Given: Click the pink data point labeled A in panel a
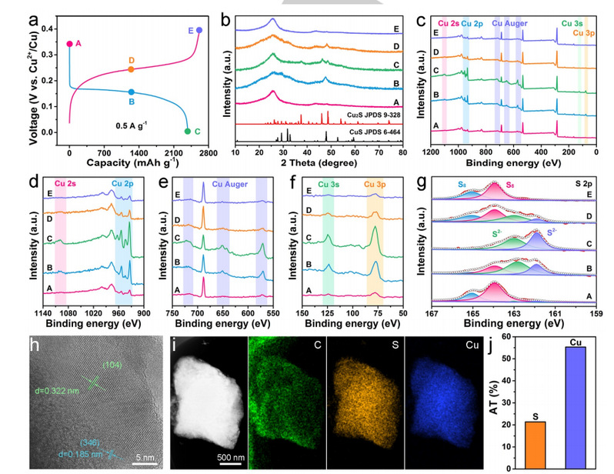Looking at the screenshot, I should (x=69, y=44).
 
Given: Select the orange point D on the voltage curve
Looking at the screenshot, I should (x=131, y=69).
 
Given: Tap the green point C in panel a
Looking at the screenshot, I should (x=187, y=132).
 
